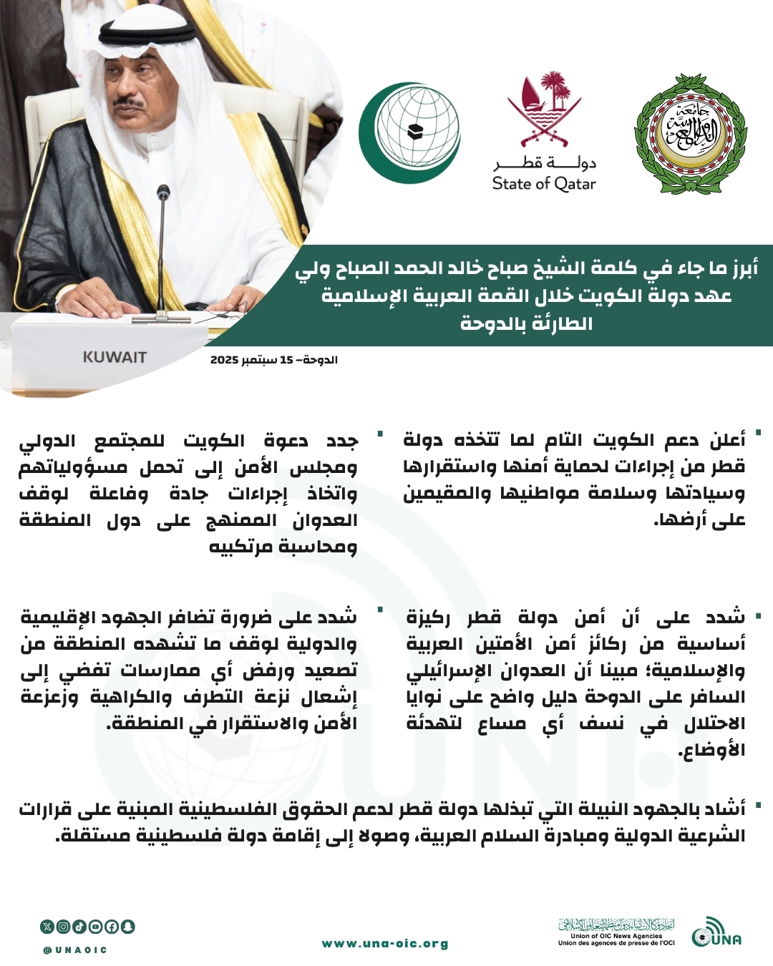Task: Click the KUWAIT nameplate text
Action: click(x=115, y=357)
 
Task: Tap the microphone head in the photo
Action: click(x=164, y=193)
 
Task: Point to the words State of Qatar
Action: click(x=544, y=184)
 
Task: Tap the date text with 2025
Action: click(x=273, y=359)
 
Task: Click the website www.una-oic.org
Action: click(x=385, y=944)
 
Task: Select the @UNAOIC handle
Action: click(x=74, y=950)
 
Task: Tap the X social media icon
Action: click(x=47, y=927)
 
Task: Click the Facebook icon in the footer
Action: click(x=112, y=927)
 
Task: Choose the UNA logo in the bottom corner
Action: click(x=716, y=932)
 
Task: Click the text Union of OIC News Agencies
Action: click(x=616, y=936)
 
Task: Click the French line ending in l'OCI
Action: click(x=616, y=943)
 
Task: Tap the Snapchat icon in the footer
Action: click(x=128, y=927)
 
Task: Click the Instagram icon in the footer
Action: click(x=64, y=927)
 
